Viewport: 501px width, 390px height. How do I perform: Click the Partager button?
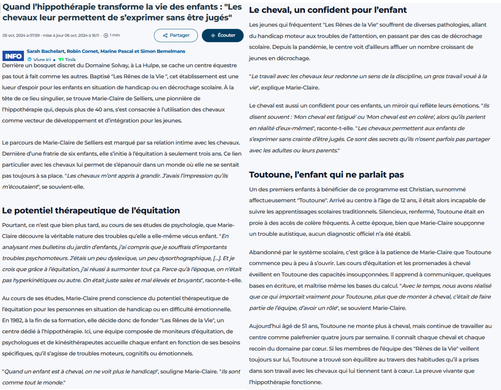coord(176,35)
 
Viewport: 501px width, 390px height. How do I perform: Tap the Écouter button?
coord(223,35)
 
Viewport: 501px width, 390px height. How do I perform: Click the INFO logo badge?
coord(13,56)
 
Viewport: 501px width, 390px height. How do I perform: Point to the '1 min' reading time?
coord(115,35)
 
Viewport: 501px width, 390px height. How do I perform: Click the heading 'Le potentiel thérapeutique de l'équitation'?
coord(91,210)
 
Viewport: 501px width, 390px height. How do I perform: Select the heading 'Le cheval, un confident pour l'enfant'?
coord(328,10)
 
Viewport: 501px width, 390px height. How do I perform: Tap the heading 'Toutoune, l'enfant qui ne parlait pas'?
coord(326,174)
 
